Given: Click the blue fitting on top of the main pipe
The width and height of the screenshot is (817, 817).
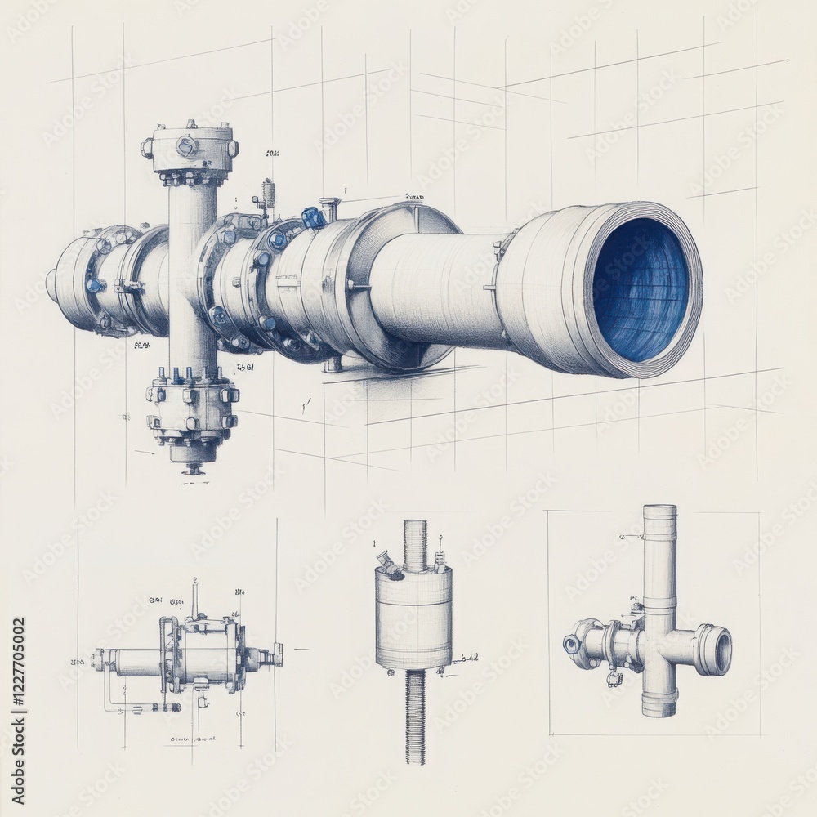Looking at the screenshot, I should [x=312, y=217].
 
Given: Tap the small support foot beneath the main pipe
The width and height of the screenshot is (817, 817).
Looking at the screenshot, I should [x=333, y=364].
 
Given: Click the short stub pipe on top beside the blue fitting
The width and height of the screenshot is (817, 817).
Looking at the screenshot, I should [x=330, y=208].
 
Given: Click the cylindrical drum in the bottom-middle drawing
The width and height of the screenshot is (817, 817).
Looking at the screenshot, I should [x=414, y=617].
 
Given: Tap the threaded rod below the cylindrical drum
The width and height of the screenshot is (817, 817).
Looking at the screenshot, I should [x=415, y=715].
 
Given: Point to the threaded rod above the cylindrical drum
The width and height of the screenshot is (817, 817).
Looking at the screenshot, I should [x=415, y=543].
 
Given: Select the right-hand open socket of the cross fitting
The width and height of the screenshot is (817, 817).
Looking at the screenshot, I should [x=713, y=650].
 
